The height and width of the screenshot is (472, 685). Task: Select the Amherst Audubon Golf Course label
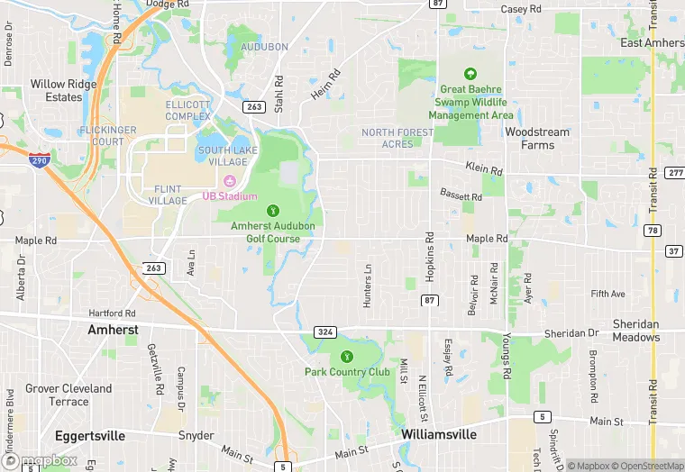click(x=261, y=231)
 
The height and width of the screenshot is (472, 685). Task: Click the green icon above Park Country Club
click(x=348, y=356)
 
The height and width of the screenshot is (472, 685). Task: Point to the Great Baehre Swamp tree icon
click(x=470, y=75)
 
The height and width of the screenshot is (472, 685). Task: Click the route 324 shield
click(x=325, y=332)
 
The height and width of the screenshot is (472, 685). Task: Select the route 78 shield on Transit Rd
click(x=653, y=231)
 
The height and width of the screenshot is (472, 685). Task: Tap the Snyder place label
click(x=196, y=435)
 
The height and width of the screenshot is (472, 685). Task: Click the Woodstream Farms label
click(x=537, y=138)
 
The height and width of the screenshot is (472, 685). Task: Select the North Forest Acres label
click(x=397, y=138)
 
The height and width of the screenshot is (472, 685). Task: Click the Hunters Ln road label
click(x=367, y=286)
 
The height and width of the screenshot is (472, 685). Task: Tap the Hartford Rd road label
click(x=112, y=313)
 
